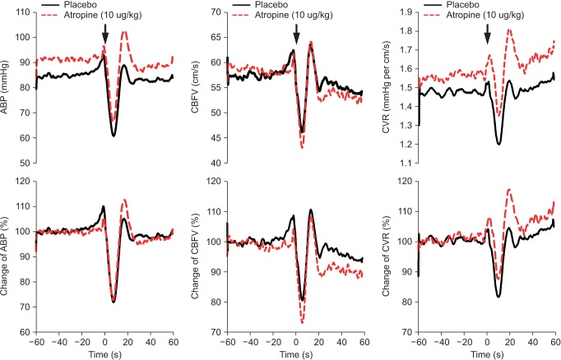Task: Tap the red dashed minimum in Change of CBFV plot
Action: coord(303,323)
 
